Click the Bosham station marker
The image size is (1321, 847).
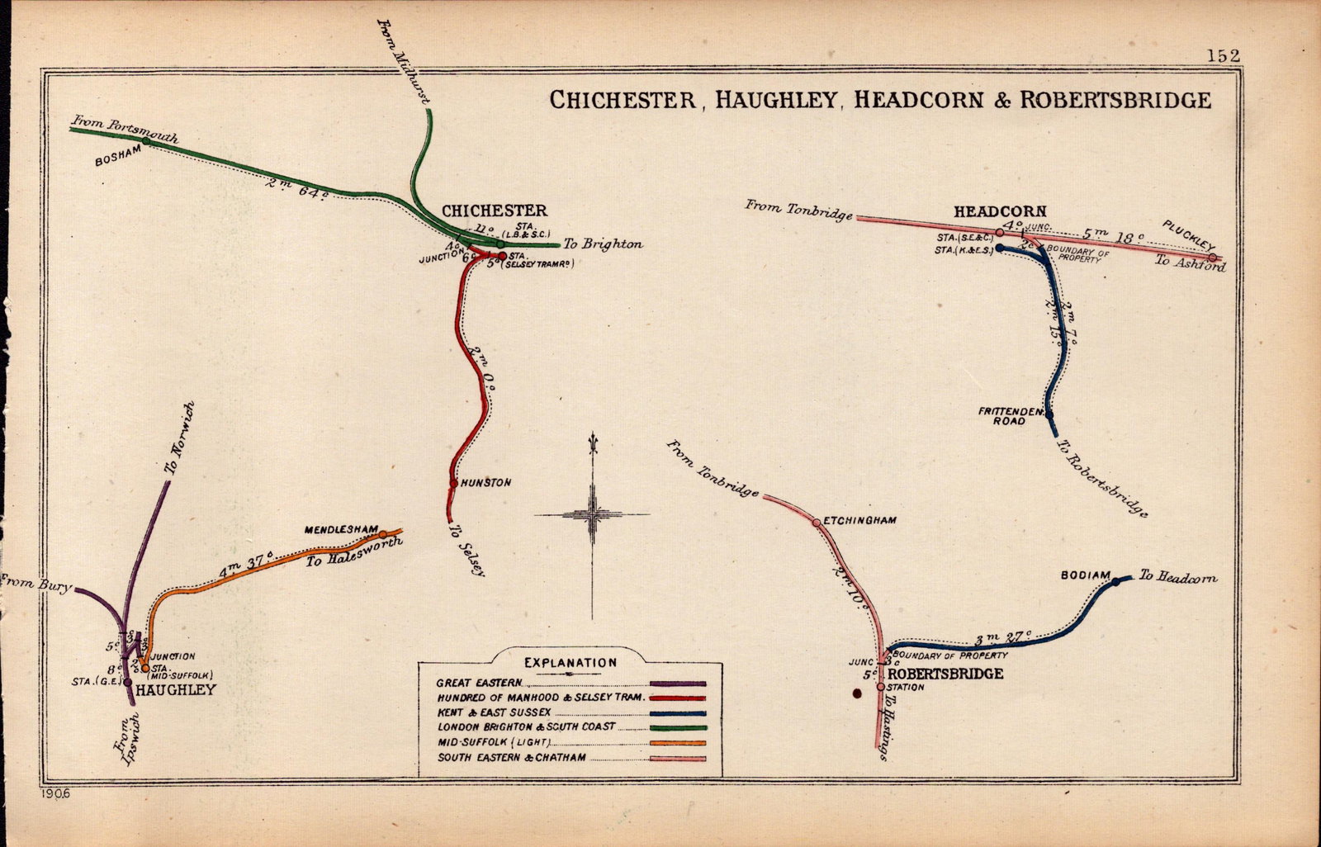pos(145,141)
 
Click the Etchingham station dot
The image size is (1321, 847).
pos(816,522)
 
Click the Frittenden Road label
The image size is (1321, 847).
pos(1011,415)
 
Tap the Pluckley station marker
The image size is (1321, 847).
pos(1212,258)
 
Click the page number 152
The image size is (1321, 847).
pos(1223,55)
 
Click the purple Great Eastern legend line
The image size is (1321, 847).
pos(678,684)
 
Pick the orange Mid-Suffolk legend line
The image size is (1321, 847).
pos(678,742)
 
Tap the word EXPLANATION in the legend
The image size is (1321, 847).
pos(571,662)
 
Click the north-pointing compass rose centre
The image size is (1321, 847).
pos(592,514)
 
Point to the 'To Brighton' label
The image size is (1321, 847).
pos(603,244)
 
